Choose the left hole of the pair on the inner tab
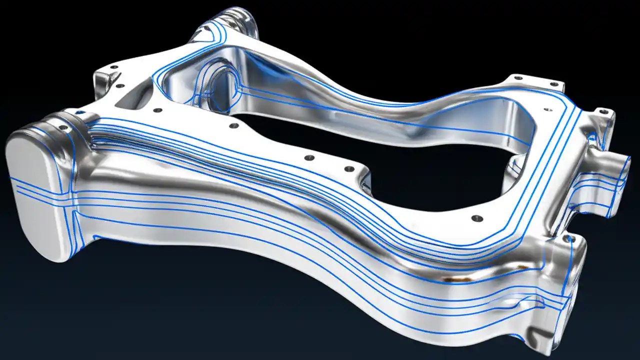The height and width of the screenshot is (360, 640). [309, 157]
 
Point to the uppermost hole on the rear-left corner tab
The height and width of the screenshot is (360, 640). [114, 67]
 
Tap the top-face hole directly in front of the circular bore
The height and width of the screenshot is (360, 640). [233, 125]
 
